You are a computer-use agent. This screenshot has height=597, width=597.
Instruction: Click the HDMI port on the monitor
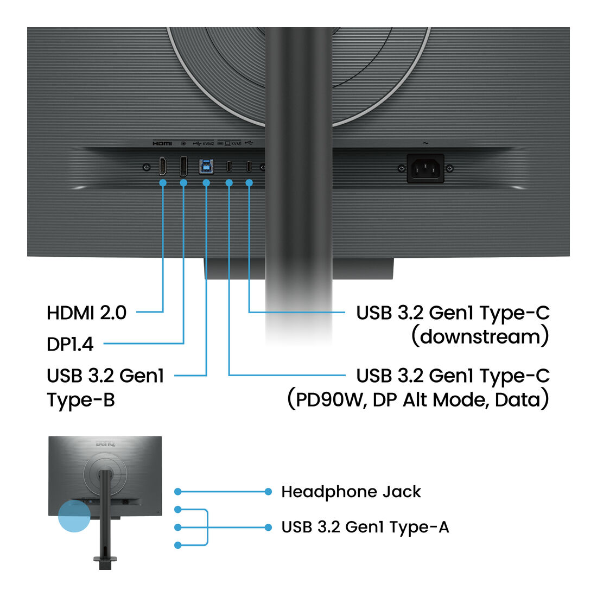click(163, 166)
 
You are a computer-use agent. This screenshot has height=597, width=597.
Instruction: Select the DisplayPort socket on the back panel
click(183, 166)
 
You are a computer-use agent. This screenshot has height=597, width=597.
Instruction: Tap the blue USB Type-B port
click(206, 167)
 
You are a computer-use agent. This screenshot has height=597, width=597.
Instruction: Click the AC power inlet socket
click(425, 168)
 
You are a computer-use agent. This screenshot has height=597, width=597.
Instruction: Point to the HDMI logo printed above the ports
click(162, 143)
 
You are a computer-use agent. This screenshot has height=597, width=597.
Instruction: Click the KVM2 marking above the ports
click(208, 143)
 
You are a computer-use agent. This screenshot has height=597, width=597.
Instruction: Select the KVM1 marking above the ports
click(236, 143)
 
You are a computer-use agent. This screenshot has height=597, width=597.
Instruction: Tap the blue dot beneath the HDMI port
click(163, 183)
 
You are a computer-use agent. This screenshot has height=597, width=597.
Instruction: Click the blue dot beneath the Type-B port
click(206, 183)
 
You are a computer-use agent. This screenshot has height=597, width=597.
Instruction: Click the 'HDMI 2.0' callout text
click(86, 313)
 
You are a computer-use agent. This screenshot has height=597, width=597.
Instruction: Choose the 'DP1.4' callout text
click(70, 344)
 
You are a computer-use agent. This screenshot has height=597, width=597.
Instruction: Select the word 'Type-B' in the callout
click(81, 400)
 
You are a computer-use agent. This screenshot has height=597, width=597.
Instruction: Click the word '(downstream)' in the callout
click(480, 336)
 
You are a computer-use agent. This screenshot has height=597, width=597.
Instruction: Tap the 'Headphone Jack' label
click(351, 492)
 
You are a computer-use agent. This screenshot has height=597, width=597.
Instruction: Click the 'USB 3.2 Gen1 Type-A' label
click(365, 528)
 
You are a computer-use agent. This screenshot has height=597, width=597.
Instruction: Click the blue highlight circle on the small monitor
click(74, 516)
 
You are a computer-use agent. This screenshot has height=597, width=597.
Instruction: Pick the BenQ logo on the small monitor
click(105, 444)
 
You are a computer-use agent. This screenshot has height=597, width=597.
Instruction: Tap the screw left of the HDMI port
click(146, 167)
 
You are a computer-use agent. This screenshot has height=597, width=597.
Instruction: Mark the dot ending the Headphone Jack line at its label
click(268, 492)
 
